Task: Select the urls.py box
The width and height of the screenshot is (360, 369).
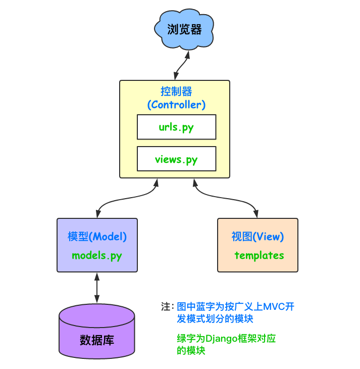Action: coord(176,127)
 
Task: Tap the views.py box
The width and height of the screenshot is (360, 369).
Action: coord(176,159)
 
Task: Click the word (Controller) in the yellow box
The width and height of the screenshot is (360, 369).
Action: coord(176,105)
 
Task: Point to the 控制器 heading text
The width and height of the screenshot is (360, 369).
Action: coord(176,91)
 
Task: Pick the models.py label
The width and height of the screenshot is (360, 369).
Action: coord(97,255)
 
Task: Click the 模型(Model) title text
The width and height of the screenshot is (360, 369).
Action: coord(97,237)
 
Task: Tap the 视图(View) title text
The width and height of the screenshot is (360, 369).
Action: coord(258,237)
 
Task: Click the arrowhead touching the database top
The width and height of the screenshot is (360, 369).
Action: coord(97,300)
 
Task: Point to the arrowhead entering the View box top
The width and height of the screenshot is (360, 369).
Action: coord(258,214)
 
